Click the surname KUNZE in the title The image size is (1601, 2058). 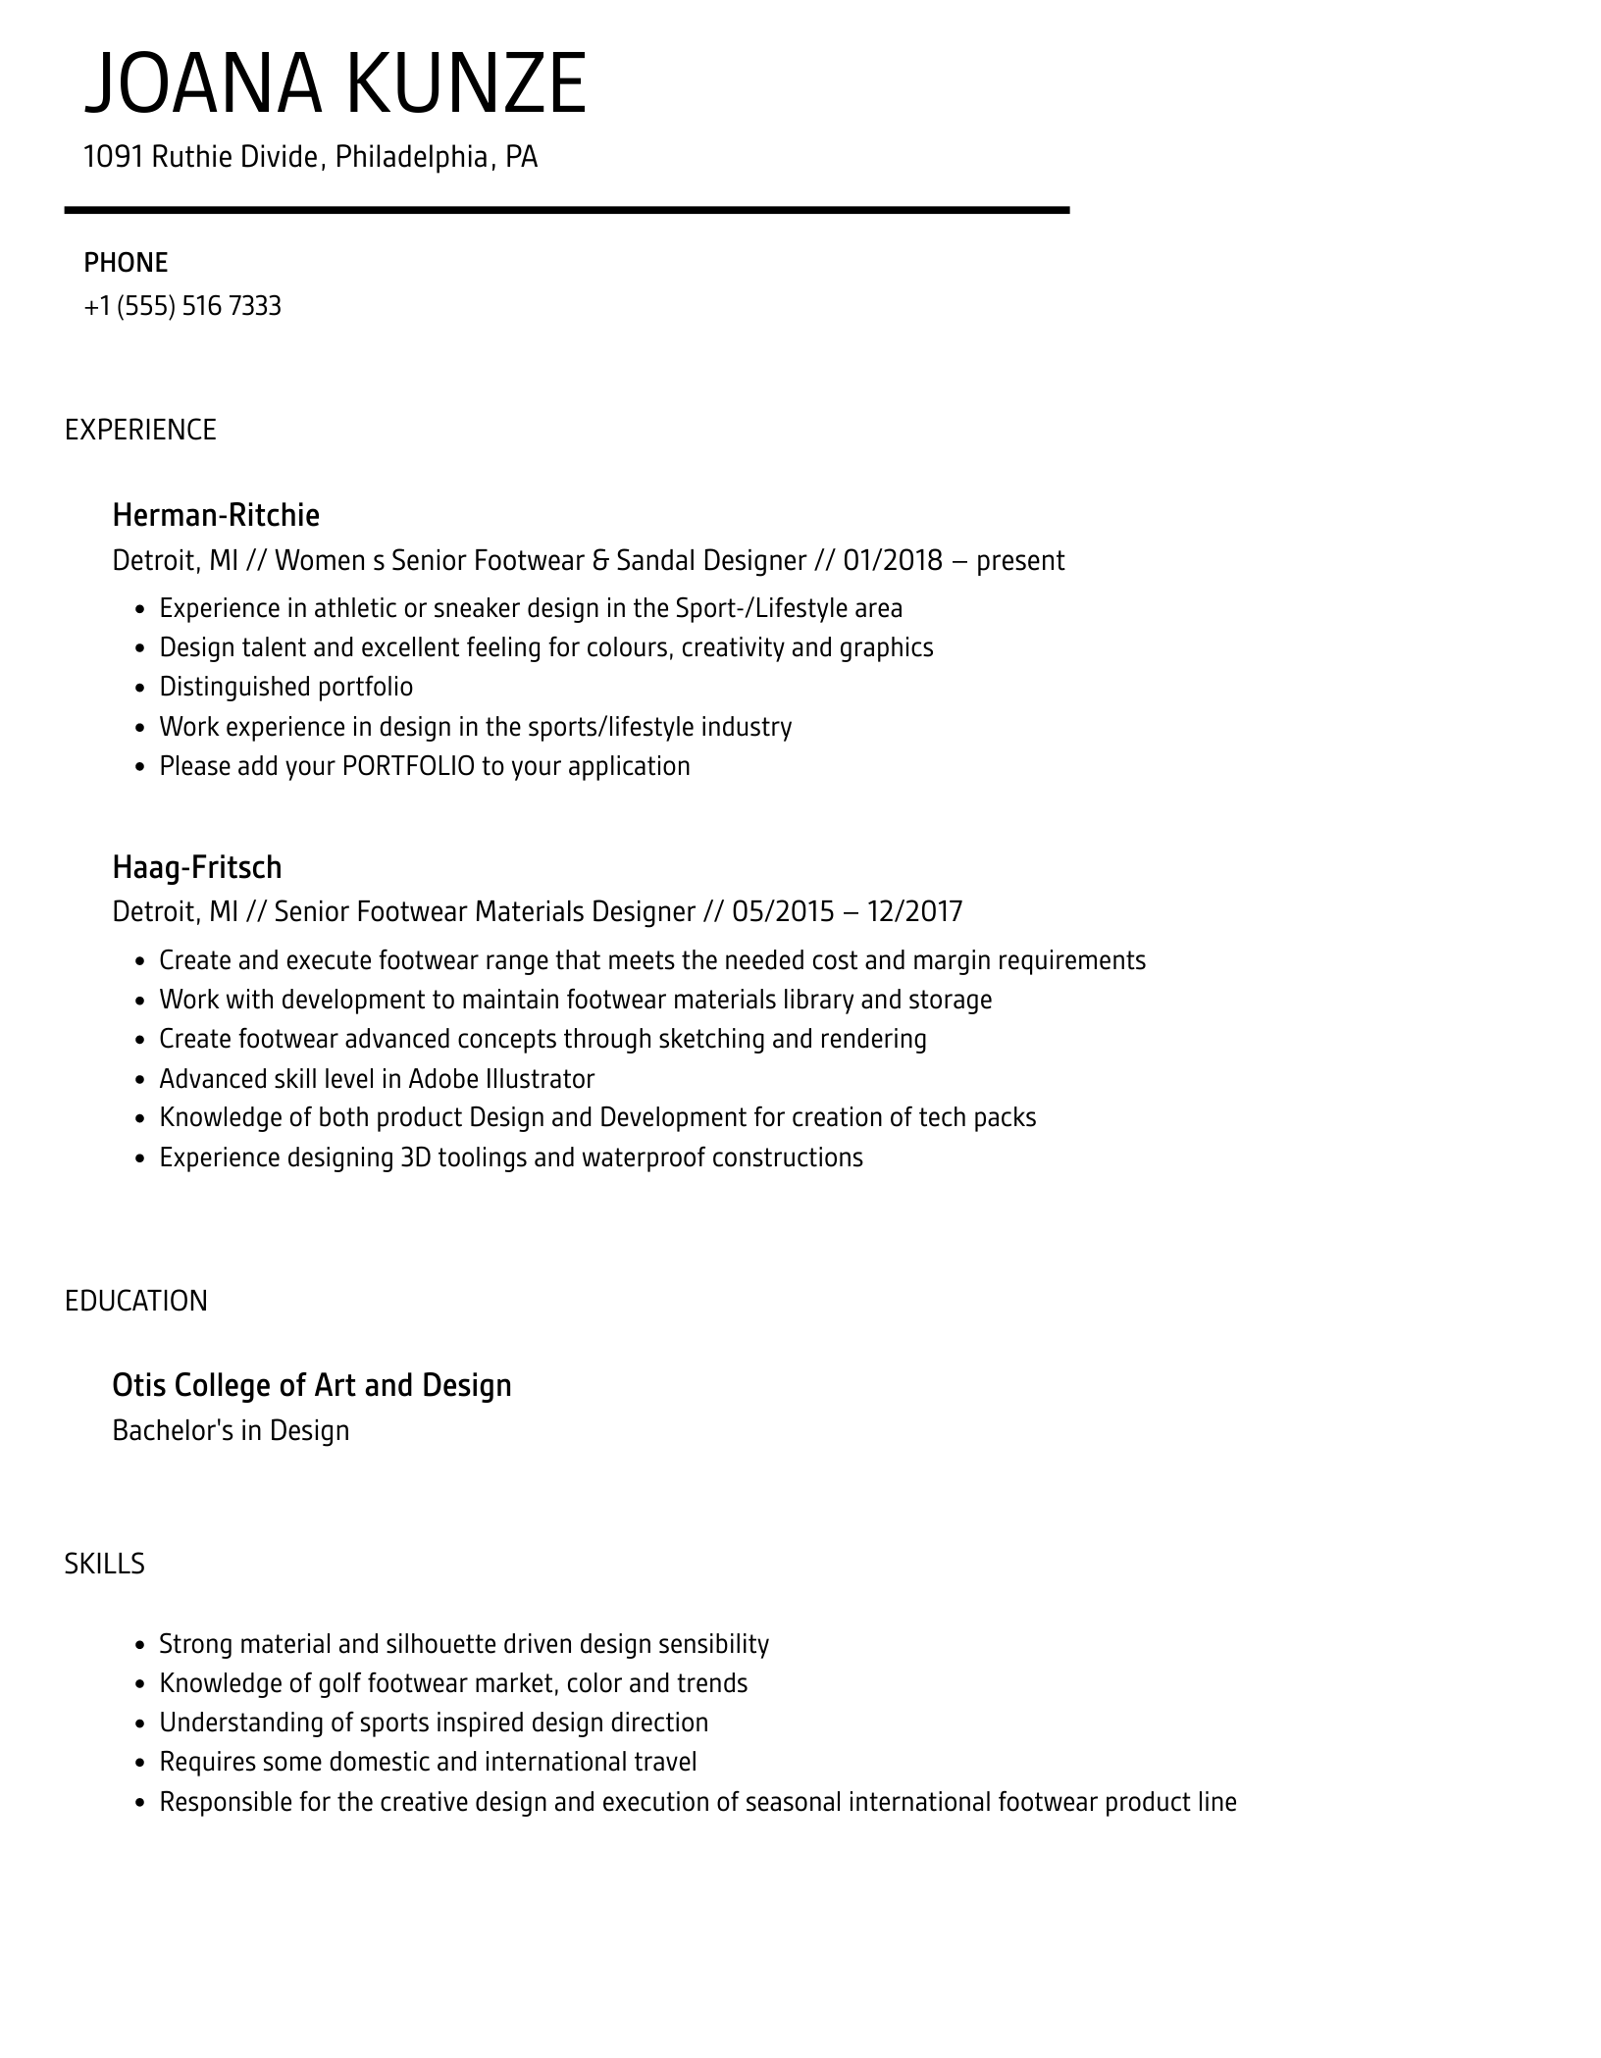[x=464, y=84]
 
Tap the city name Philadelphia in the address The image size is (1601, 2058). [x=412, y=157]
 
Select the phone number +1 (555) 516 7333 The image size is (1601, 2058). [x=182, y=306]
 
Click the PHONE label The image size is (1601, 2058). [x=126, y=263]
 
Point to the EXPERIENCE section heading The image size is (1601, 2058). [x=140, y=430]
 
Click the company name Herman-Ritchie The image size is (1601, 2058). [x=216, y=515]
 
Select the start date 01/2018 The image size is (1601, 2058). [x=893, y=561]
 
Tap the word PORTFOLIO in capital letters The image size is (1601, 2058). [x=408, y=766]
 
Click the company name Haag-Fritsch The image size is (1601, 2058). [x=197, y=867]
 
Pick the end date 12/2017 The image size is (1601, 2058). [x=914, y=912]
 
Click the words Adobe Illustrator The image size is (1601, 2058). [x=501, y=1079]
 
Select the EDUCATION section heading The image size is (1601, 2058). [x=136, y=1301]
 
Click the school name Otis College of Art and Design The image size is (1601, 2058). [x=312, y=1385]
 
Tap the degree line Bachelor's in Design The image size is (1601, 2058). [x=231, y=1430]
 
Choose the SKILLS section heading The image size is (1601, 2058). [x=105, y=1564]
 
